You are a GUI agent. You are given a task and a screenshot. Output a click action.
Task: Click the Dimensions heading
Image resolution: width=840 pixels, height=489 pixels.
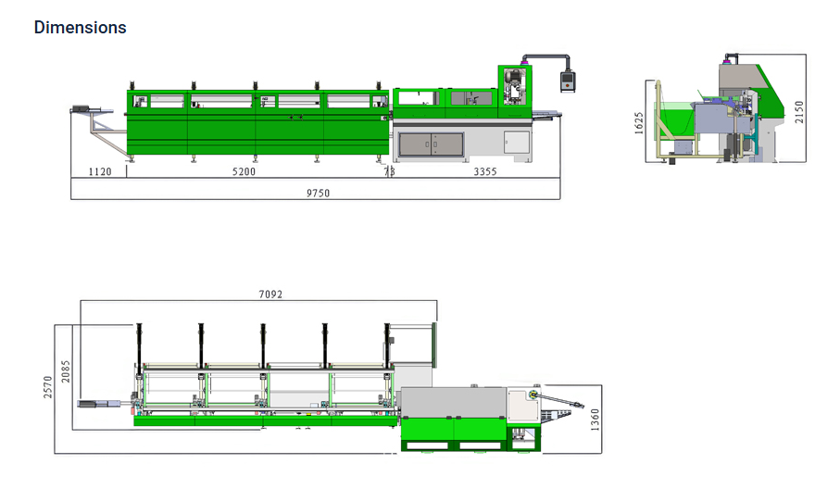[x=80, y=27]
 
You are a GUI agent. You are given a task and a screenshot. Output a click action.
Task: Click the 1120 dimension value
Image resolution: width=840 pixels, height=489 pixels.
[x=100, y=172]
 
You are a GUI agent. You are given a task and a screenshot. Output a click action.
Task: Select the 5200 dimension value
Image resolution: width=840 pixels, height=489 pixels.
[x=244, y=172]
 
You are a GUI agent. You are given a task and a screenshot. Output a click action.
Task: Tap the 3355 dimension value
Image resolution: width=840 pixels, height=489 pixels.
[x=484, y=172]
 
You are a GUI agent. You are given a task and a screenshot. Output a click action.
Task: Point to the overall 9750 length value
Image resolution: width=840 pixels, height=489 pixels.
[x=318, y=194]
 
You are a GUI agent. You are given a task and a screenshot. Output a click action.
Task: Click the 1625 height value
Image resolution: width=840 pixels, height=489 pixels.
[x=639, y=123]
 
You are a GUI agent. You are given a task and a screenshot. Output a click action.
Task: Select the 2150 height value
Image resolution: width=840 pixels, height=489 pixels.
[x=799, y=112]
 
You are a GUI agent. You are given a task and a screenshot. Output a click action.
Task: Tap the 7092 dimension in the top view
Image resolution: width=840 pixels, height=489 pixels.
[x=270, y=294]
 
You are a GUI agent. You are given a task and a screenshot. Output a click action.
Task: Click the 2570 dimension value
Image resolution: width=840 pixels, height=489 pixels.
[x=48, y=387]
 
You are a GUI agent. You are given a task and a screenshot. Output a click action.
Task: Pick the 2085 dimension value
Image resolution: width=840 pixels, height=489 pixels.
[x=66, y=371]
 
